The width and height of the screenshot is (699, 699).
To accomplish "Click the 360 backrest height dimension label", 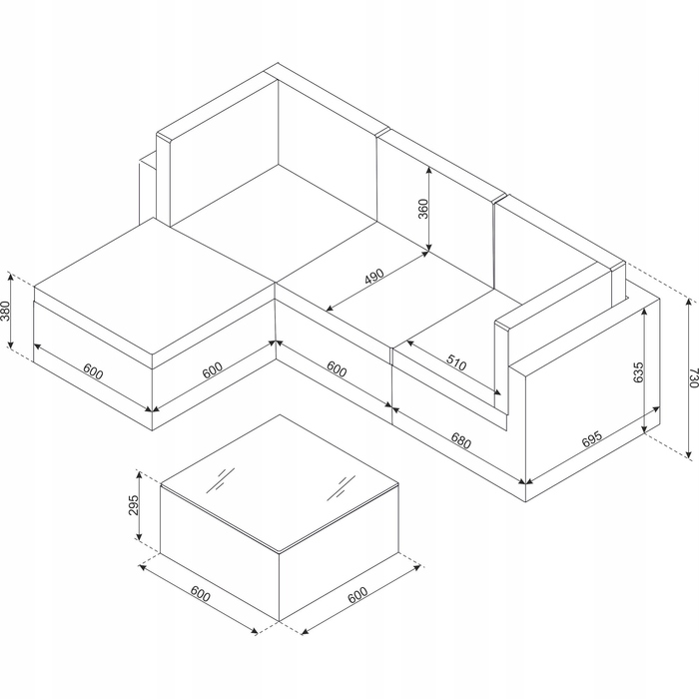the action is (x=423, y=209).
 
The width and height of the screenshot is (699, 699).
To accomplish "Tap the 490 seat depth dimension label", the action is (x=374, y=277).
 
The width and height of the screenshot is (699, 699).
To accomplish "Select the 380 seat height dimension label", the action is (x=5, y=311).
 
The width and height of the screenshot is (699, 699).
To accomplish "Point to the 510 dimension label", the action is (x=456, y=362).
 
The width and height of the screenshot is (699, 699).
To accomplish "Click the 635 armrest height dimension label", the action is (x=638, y=372).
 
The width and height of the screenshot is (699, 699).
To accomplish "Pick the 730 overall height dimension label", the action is (x=693, y=377).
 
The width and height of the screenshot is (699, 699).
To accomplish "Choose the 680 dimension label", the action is (x=461, y=440).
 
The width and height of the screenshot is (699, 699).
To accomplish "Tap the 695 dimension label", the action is (x=592, y=439).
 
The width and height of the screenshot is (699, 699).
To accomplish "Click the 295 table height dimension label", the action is (x=134, y=505).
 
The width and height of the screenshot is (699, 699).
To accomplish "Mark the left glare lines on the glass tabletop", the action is (x=220, y=480).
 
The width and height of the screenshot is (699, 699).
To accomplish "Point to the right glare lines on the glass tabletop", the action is (x=342, y=487).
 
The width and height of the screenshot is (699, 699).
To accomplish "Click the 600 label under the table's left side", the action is (x=200, y=593).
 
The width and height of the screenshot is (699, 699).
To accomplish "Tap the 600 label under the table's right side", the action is (x=357, y=594).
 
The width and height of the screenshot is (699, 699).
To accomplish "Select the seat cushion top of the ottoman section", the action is (x=154, y=287).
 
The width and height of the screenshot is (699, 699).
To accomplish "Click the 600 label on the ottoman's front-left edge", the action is (x=93, y=371).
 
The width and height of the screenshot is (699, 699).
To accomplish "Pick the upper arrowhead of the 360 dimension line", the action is (x=428, y=171).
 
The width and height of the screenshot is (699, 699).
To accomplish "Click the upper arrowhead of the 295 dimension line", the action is (x=140, y=475).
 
